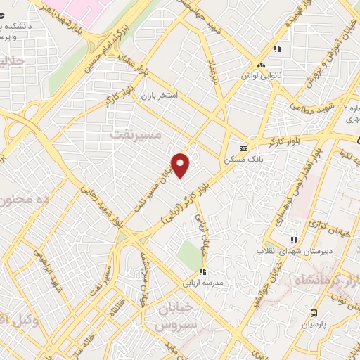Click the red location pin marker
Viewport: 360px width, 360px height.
(x=181, y=165)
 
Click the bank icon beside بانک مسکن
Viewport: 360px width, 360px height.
(x=243, y=148)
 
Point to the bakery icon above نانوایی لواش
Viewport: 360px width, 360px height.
(x=262, y=64)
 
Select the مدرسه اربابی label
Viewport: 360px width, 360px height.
(x=202, y=283)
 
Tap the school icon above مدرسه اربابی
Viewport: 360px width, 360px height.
(x=202, y=271)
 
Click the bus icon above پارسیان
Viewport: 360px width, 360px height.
(x=314, y=314)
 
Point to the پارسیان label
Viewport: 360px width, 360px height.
(x=314, y=326)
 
